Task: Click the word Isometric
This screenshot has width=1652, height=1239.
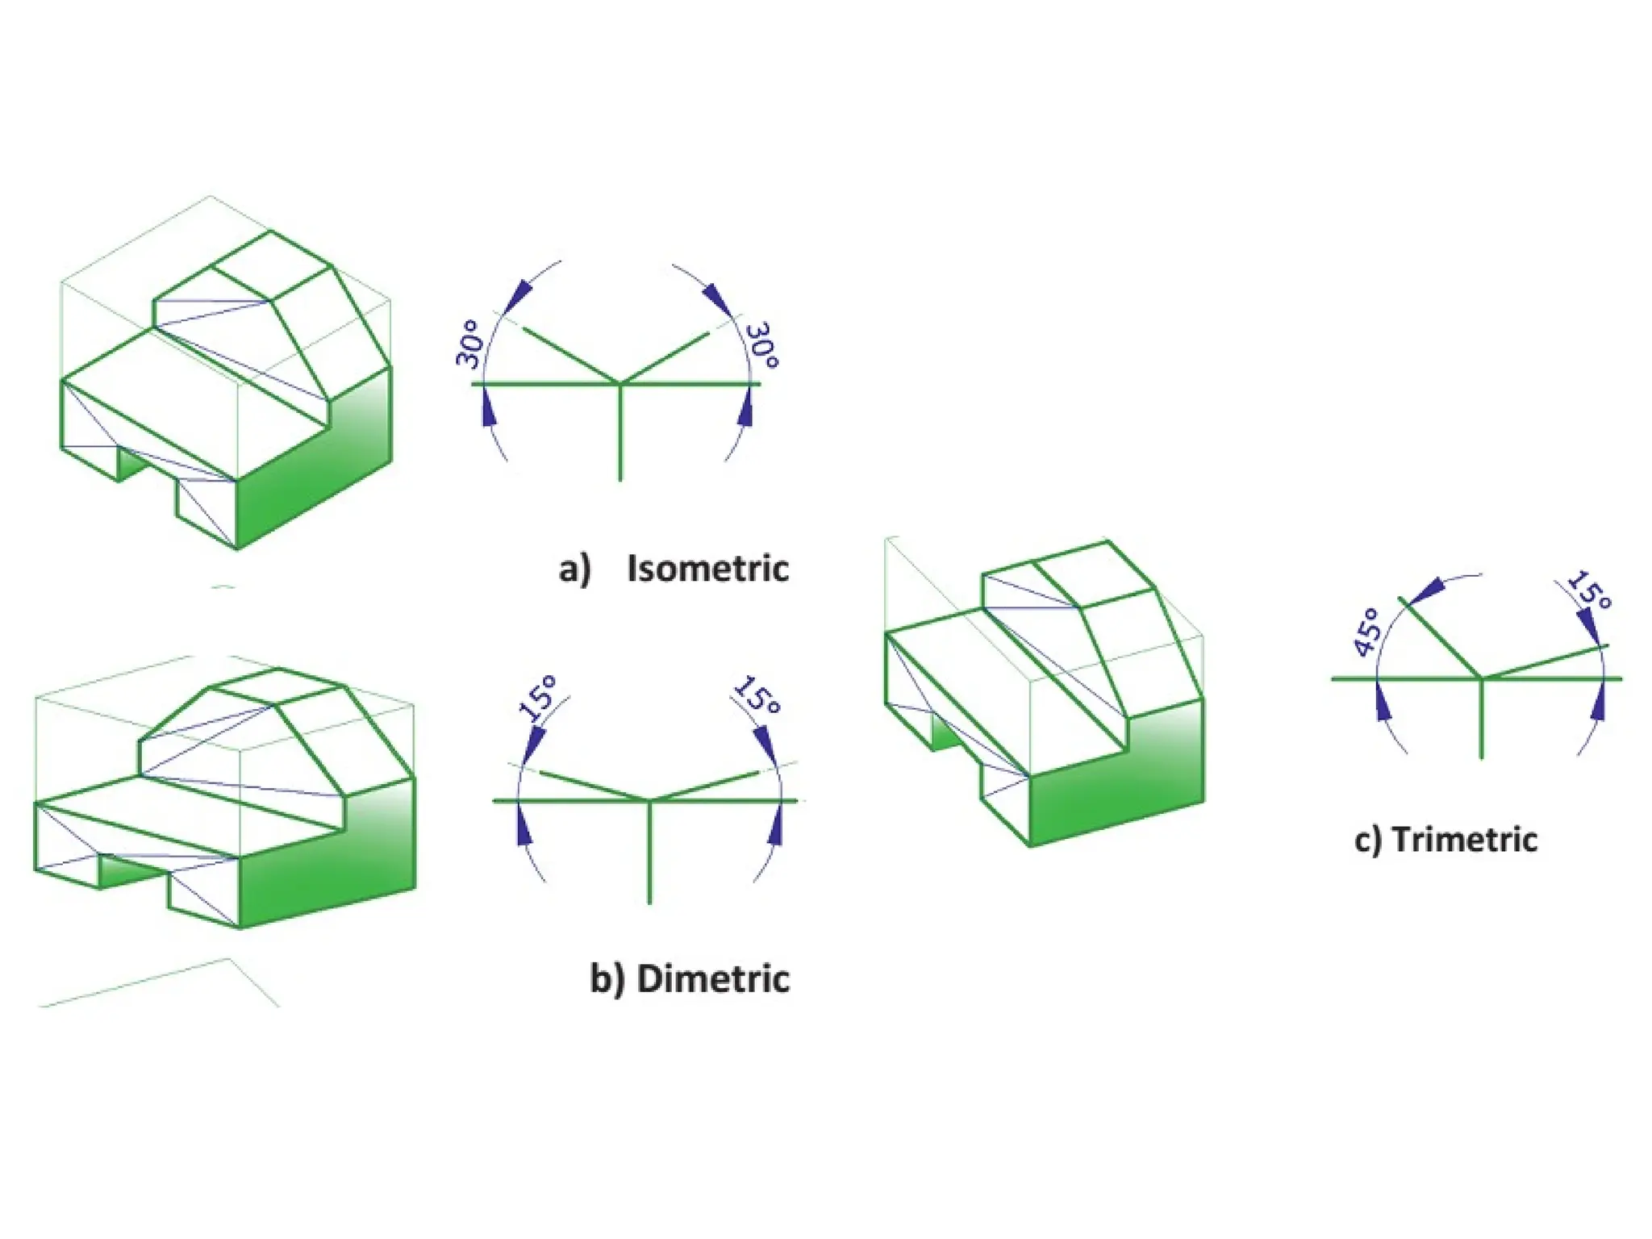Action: coord(707,569)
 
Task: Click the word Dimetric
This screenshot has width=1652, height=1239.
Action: coord(712,978)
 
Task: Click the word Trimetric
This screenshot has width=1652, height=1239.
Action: coord(1464,840)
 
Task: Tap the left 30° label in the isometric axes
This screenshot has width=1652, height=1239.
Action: coord(470,344)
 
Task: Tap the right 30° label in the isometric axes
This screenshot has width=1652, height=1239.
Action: coord(761,345)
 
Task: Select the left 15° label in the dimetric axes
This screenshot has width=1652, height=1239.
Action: coord(538,697)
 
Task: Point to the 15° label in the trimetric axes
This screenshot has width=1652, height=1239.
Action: coord(1589,590)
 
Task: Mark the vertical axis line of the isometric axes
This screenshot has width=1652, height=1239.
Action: coord(619,436)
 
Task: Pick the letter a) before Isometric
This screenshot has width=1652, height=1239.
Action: coord(574,569)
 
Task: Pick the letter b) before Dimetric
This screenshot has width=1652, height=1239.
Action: coord(607,979)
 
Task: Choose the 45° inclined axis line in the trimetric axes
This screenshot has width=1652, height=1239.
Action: coord(1440,637)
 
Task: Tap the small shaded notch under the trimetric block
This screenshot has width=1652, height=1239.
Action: coord(944,730)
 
